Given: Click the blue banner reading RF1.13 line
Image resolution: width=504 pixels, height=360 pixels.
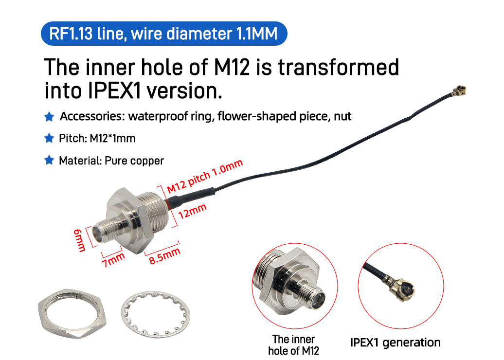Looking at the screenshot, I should tap(164, 34).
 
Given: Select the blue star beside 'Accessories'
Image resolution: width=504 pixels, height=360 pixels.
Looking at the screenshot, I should tap(49, 117).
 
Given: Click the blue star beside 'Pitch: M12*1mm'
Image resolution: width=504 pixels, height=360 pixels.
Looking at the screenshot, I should tap(49, 139).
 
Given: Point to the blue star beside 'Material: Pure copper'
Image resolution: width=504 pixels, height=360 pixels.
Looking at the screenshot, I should tap(49, 161).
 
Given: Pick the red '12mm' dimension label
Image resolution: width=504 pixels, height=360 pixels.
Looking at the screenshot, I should tap(193, 212).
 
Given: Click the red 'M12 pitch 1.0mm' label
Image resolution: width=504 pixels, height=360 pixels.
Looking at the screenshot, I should tap(204, 176).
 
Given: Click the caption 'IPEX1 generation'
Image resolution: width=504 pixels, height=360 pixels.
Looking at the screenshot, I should tap(395, 343).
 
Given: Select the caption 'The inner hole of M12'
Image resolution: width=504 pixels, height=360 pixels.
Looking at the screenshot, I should tap(293, 344).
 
